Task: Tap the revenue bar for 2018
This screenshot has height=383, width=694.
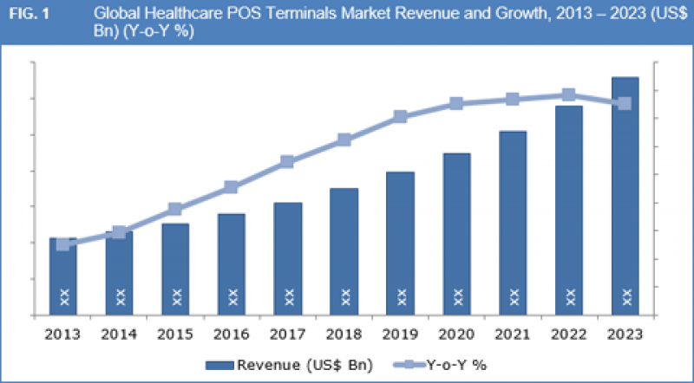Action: coord(344,251)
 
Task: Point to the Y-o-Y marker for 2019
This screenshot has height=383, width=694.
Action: coord(400,116)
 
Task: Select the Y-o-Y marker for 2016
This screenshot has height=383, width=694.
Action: coord(232,187)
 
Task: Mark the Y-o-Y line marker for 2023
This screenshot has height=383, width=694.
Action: coord(625,104)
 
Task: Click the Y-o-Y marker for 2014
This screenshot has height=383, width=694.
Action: coord(119,232)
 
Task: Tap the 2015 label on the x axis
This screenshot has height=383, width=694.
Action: coord(175,334)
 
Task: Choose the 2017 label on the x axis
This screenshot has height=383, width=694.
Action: coord(287,334)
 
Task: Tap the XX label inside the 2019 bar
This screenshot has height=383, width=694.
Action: coord(400,296)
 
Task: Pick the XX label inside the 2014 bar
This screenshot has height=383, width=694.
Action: coord(119,296)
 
